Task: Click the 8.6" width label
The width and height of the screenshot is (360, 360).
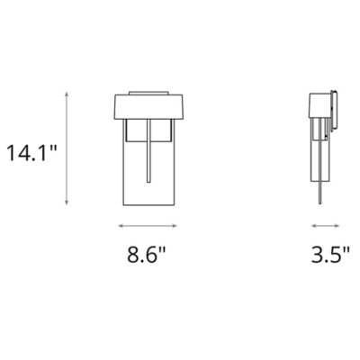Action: [x=147, y=254]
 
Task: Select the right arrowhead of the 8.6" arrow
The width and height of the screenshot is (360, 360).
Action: [x=173, y=225]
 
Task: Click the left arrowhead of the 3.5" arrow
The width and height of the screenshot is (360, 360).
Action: [x=312, y=225]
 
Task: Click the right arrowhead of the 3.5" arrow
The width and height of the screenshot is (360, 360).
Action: [x=338, y=225]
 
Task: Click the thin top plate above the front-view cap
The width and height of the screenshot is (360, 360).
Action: [x=147, y=91]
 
